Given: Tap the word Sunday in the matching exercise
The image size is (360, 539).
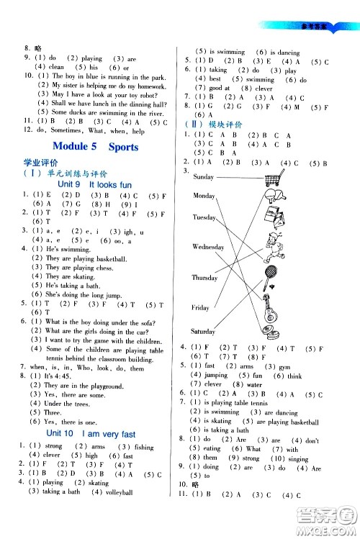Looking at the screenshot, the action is pos(204,177).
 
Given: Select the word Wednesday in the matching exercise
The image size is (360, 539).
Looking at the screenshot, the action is pos(209,247).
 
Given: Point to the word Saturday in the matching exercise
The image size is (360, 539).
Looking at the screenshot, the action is pos(204,331).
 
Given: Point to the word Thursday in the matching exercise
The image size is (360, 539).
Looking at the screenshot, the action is pos(205,278).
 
